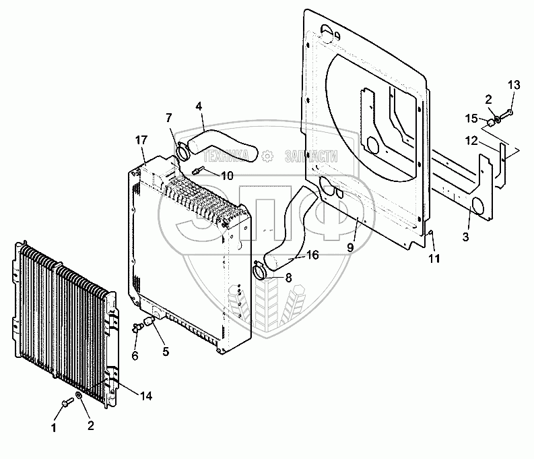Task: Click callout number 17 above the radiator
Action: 141,140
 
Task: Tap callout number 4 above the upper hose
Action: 199,106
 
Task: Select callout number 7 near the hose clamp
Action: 169,118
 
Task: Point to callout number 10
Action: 227,176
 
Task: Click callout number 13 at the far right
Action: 514,85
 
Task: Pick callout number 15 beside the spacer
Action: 471,119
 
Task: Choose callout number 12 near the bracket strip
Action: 471,141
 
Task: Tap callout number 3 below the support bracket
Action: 466,237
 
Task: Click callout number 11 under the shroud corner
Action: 434,259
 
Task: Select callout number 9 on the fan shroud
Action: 351,248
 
